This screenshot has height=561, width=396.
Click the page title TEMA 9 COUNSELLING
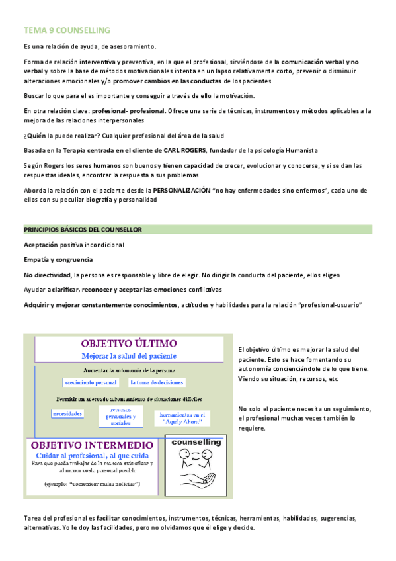[x=67, y=30]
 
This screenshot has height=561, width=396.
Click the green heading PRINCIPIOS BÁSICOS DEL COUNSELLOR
[x=83, y=230]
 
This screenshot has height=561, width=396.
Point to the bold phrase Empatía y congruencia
[x=58, y=259]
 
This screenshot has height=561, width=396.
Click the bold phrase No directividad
[x=48, y=274]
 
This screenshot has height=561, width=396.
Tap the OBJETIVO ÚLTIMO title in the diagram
[x=129, y=344]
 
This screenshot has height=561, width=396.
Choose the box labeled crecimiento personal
[x=91, y=382]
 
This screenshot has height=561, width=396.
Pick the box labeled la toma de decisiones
[x=157, y=382]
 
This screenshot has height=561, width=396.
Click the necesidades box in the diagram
[x=68, y=414]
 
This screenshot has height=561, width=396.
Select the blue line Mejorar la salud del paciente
[x=129, y=356]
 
